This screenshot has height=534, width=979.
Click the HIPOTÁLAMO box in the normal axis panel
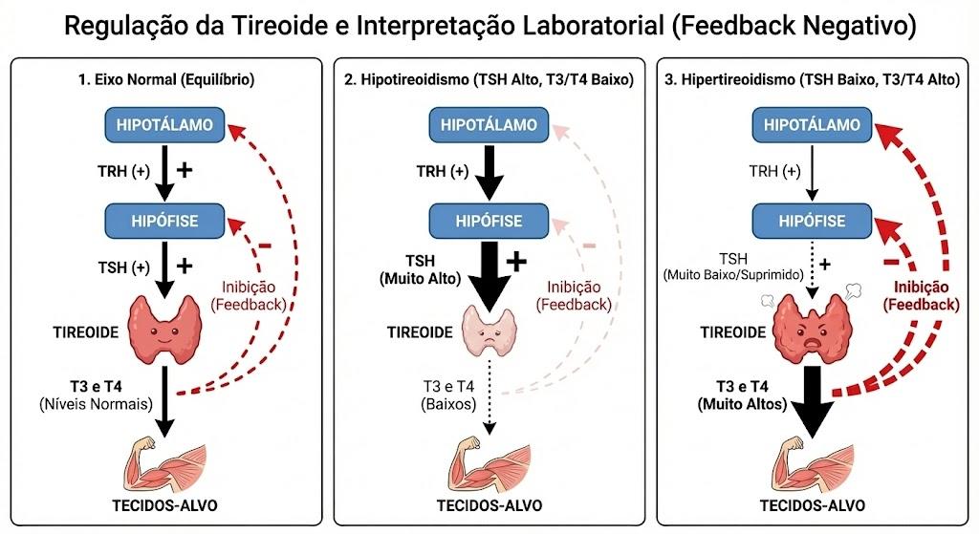point(164,125)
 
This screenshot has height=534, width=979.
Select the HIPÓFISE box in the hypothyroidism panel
point(489,221)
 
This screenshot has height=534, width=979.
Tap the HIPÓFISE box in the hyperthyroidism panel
point(812,221)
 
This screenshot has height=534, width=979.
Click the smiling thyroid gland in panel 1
point(164,329)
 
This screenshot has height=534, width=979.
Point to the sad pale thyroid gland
point(489,331)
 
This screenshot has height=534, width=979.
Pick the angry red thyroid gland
point(812,330)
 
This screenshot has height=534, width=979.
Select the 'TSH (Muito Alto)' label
point(421,269)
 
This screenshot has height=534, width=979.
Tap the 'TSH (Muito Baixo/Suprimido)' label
point(733,267)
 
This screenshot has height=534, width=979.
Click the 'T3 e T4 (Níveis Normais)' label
point(97,395)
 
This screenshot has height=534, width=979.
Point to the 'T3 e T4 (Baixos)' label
point(448,395)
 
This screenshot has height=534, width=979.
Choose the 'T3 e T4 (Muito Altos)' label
point(742,395)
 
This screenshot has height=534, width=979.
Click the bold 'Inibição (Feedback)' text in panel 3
point(921,296)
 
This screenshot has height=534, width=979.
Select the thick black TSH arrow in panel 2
point(489,277)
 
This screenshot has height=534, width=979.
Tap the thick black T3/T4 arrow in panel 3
point(812,402)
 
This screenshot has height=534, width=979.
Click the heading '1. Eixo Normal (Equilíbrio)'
point(166,80)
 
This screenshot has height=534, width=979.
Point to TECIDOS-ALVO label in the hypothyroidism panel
point(489,505)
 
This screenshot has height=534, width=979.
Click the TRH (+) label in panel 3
point(774,171)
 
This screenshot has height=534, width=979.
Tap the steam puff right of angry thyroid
point(852,289)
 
